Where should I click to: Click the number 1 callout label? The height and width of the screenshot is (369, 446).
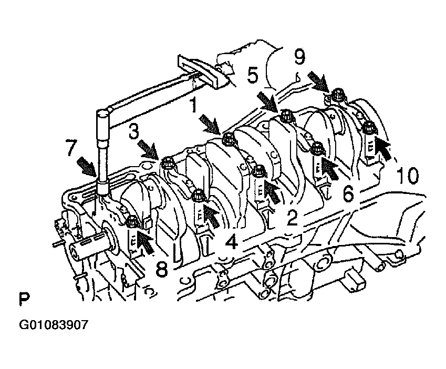(194, 105)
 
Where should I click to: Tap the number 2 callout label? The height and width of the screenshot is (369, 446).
(292, 218)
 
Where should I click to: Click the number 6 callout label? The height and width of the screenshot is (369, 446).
(348, 194)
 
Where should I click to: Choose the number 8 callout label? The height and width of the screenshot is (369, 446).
(162, 269)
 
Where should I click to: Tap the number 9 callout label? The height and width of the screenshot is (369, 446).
(299, 57)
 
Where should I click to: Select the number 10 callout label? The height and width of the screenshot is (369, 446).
(408, 175)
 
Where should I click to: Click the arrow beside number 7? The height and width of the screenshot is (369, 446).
(87, 167)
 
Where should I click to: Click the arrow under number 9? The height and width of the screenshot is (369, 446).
(320, 80)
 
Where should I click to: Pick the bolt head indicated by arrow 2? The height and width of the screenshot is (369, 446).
(259, 171)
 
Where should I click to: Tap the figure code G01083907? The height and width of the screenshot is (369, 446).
(54, 325)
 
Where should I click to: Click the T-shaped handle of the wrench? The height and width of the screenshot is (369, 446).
(203, 71)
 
